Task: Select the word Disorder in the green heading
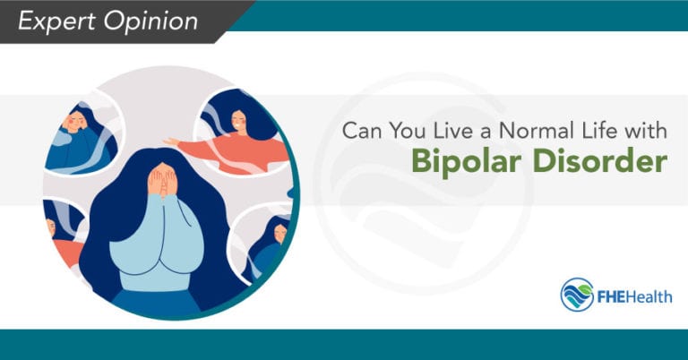click(x=589, y=164)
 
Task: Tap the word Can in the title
click(x=359, y=131)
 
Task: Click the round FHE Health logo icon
click(x=579, y=294)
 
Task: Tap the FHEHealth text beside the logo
click(x=637, y=296)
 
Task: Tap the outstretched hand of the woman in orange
click(x=171, y=141)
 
